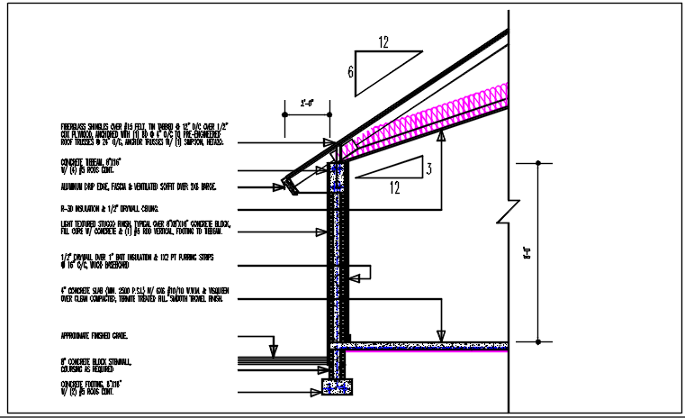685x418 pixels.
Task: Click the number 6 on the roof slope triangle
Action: [x=350, y=72]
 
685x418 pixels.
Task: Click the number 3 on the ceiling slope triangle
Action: [x=430, y=168]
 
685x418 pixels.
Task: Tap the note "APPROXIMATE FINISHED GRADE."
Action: [x=94, y=335]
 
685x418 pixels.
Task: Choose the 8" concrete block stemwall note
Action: [x=95, y=365]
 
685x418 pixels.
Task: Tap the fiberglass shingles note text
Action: [x=149, y=134]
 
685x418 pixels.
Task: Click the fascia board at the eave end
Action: [x=290, y=186]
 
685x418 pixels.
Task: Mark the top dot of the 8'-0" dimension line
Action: [x=537, y=164]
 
